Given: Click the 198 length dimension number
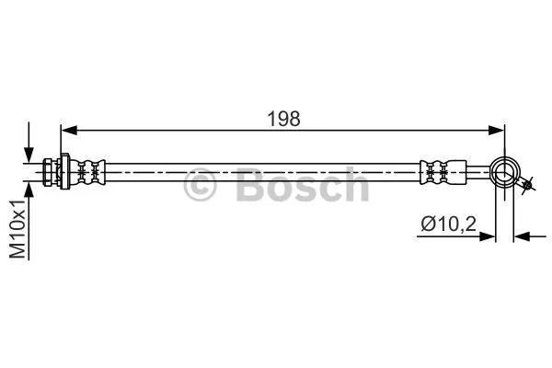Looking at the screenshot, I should point(283,118).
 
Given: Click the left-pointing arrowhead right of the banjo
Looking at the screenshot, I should point(522,236).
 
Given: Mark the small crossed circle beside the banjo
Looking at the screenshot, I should point(527,187).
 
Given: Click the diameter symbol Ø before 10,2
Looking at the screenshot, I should point(427,224).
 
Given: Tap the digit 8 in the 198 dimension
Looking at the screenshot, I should point(294,118).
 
